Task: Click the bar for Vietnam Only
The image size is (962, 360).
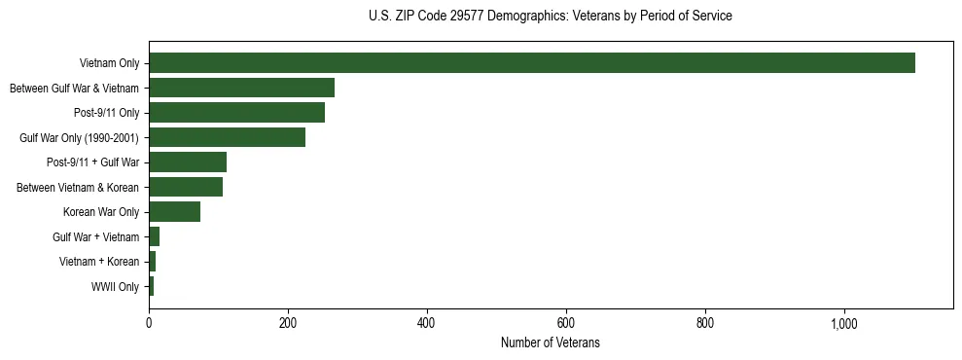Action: [x=532, y=63]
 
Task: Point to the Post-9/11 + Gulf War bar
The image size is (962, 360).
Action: [x=188, y=162]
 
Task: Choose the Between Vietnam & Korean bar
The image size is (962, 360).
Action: [x=186, y=187]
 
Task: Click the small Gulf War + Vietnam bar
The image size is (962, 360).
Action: [x=154, y=236]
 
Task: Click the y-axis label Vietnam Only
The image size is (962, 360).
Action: [x=110, y=64]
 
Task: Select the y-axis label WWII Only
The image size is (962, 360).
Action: [x=116, y=287]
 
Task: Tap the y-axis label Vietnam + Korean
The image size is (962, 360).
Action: [x=99, y=263]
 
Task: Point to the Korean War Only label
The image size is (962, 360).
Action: [x=101, y=212]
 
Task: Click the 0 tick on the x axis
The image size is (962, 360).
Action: [x=149, y=323]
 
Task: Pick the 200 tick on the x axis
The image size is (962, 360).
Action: [x=288, y=323]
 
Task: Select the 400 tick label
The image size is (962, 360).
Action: [x=427, y=323]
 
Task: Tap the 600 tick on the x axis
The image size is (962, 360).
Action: [x=566, y=323]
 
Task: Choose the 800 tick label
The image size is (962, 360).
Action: [x=705, y=323]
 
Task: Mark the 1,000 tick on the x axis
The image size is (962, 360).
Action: [x=843, y=323]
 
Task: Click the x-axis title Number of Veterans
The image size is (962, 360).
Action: [x=550, y=342]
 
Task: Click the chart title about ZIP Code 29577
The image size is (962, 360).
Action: [x=550, y=17]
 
